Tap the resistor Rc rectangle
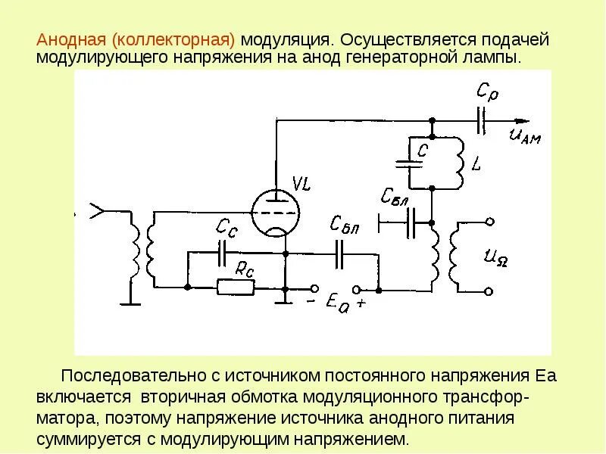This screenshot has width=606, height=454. (235, 287)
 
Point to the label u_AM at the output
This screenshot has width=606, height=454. (525, 136)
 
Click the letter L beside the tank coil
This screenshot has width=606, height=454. (475, 163)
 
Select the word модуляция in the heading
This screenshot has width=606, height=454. (285, 39)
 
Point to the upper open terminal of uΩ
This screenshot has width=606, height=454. (489, 222)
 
